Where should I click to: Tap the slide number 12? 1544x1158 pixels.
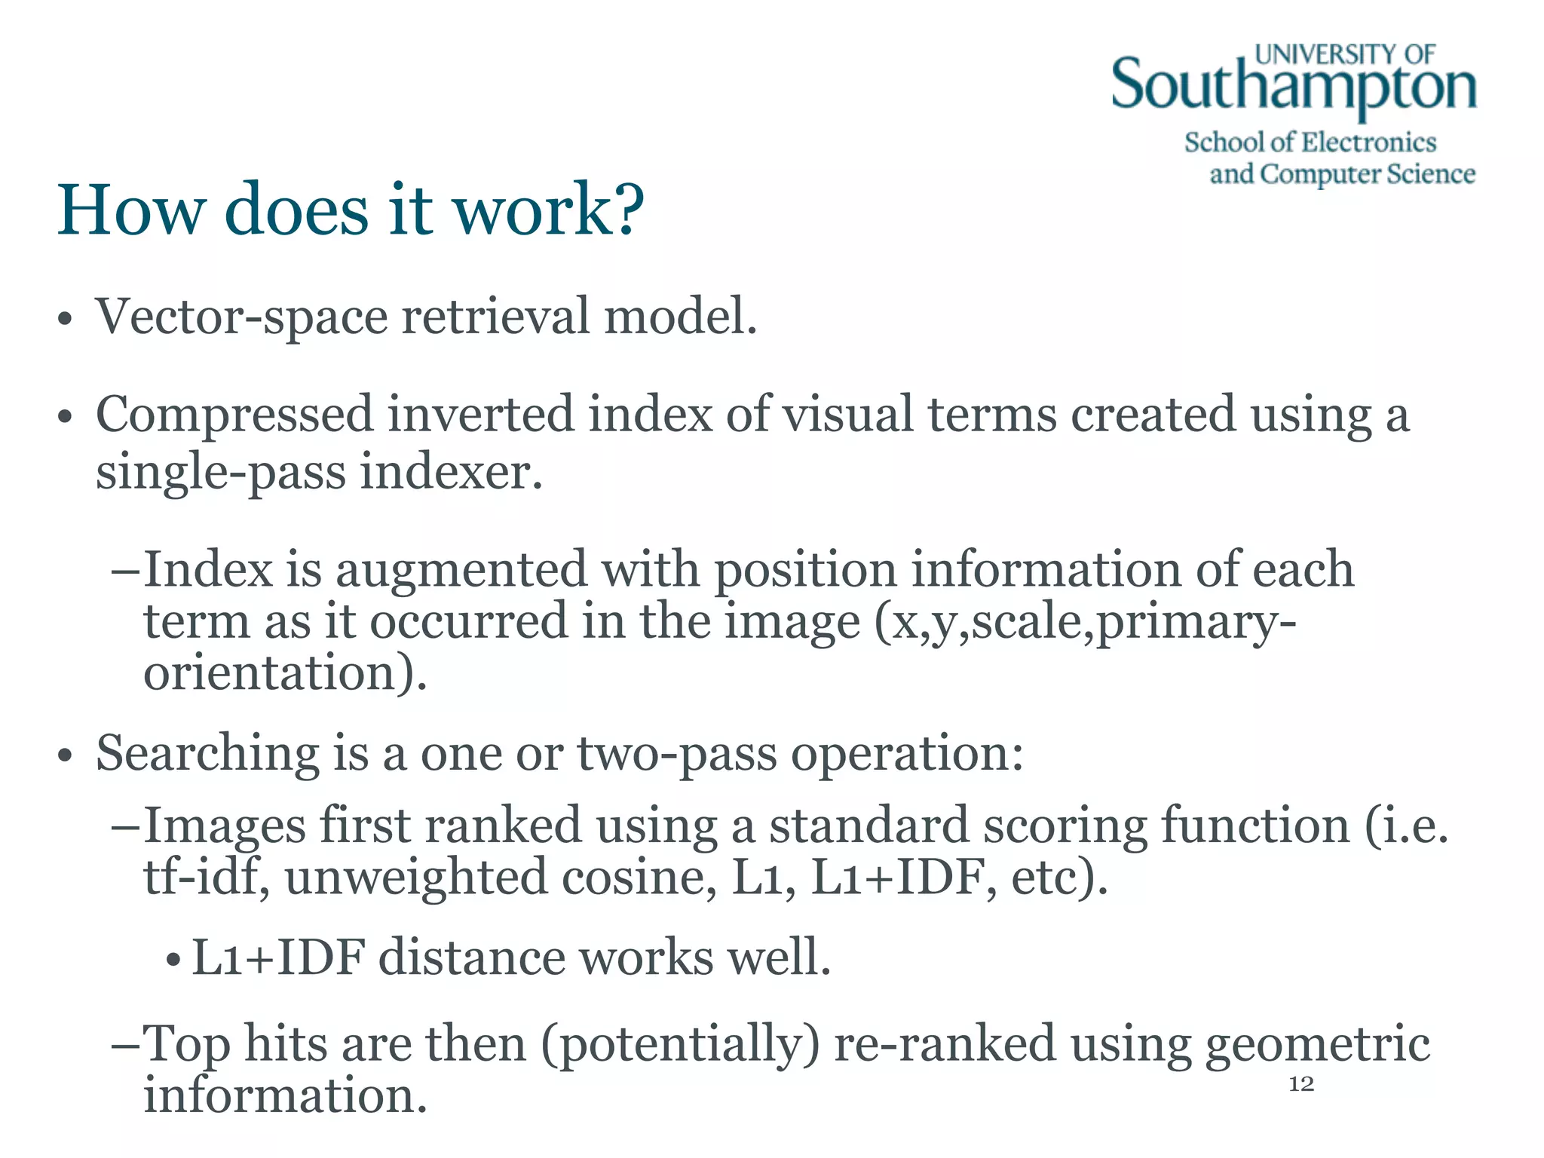point(1301,1084)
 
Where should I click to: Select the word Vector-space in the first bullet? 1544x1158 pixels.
point(241,317)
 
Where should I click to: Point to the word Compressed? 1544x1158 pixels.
point(234,415)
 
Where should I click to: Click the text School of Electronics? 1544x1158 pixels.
point(1310,142)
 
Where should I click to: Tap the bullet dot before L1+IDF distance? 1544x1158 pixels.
point(173,960)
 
